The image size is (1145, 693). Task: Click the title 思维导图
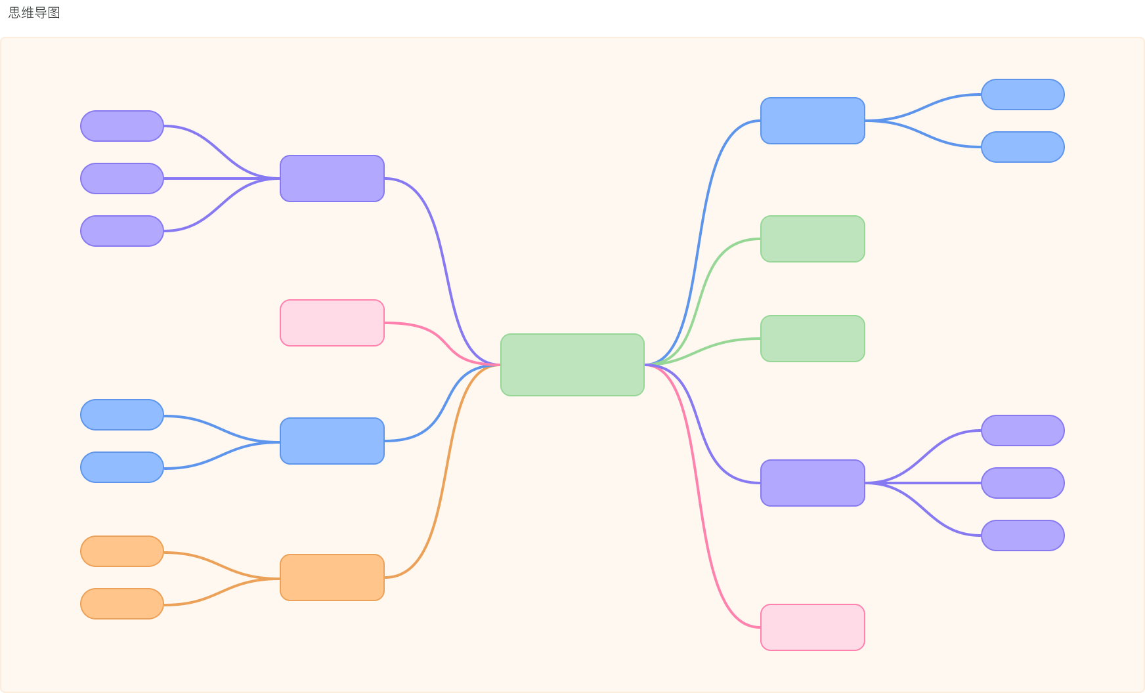[x=34, y=12]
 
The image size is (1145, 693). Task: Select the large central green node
[x=572, y=365]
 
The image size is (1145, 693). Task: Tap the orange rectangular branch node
[x=332, y=577]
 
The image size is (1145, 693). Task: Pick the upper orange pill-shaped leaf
[x=122, y=551]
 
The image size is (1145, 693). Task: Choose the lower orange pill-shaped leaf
[x=122, y=604]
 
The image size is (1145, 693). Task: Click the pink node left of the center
[x=332, y=323]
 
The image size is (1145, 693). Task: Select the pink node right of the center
[x=813, y=627]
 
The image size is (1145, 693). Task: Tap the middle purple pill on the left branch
[x=122, y=178]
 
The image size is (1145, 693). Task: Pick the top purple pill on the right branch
[x=1023, y=430]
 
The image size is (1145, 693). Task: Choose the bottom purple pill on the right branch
[x=1023, y=535]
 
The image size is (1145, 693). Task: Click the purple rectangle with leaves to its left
[x=332, y=178]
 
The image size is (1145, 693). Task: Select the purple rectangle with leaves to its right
[x=813, y=483]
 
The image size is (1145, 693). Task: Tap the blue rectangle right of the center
[x=813, y=121]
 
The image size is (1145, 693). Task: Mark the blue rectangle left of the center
[x=332, y=441]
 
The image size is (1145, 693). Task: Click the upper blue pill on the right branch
[x=1023, y=94]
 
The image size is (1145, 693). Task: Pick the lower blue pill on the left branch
[x=122, y=467]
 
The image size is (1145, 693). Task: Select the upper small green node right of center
[x=813, y=239]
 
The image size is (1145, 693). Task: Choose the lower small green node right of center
[x=813, y=339]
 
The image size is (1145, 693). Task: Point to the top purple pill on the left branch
[x=122, y=126]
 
